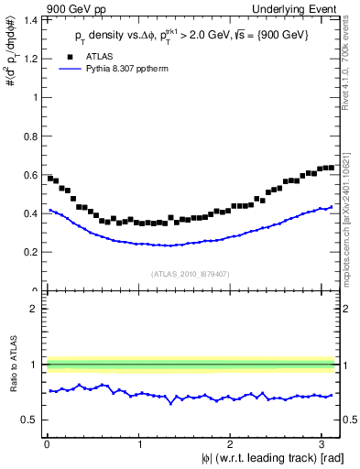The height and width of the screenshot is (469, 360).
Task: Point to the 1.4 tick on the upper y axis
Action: (x=27, y=19)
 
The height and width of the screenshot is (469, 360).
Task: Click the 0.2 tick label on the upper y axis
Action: (x=27, y=252)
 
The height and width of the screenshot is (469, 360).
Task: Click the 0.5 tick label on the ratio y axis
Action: (x=27, y=420)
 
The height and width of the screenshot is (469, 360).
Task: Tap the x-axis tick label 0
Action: (x=46, y=444)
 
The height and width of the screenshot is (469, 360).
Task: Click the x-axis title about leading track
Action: (x=273, y=458)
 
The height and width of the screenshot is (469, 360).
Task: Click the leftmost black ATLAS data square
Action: (x=50, y=178)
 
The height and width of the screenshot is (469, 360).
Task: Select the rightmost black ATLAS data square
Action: (x=331, y=168)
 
